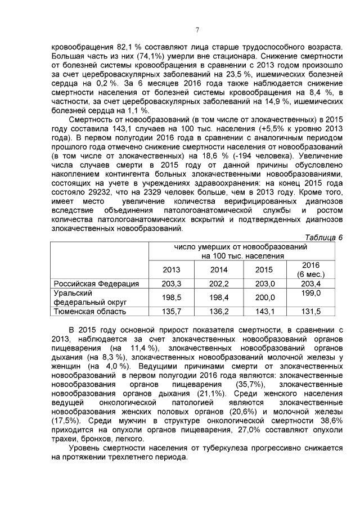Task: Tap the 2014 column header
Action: (x=218, y=269)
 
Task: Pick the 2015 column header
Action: (x=264, y=269)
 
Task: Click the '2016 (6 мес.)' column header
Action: (x=310, y=269)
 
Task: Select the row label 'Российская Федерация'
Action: (x=96, y=283)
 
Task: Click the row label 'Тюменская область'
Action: (x=89, y=311)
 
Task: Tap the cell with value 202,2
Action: (x=218, y=283)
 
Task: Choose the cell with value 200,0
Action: (x=264, y=298)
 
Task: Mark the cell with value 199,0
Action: (x=310, y=294)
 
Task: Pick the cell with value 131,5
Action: (x=310, y=311)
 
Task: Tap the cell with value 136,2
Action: (x=218, y=311)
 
